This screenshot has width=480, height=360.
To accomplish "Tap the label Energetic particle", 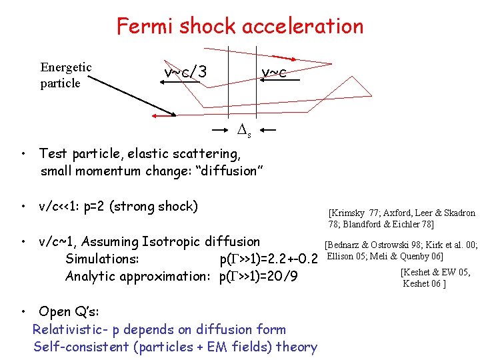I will click(65, 75).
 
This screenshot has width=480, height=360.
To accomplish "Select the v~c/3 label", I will click(185, 71).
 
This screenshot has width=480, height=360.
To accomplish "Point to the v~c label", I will click(274, 72).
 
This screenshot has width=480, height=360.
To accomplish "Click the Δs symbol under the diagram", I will click(245, 130).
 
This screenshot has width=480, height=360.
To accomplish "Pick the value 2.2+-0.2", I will click(286, 259).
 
